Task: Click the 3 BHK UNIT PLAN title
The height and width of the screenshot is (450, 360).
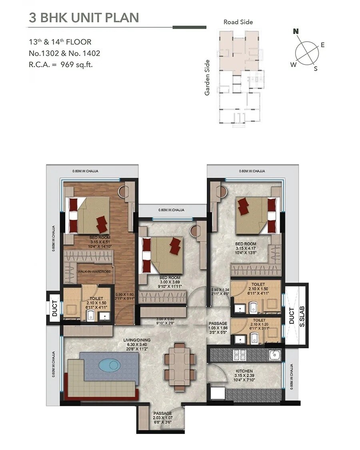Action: click(x=84, y=17)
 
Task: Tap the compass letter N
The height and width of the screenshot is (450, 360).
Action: click(x=296, y=31)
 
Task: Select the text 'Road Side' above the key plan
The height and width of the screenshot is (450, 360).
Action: click(x=238, y=22)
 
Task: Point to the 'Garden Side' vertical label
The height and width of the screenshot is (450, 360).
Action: click(x=207, y=78)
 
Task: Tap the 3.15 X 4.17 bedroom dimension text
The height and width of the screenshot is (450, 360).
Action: click(x=246, y=248)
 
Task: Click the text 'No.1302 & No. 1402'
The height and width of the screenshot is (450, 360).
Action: click(x=64, y=53)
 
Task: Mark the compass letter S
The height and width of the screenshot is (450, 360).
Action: click(x=316, y=68)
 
